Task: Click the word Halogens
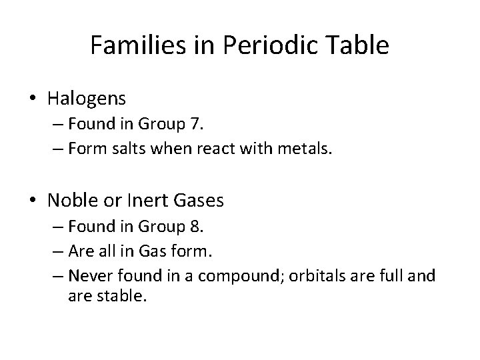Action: click(87, 99)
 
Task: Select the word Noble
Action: click(71, 200)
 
